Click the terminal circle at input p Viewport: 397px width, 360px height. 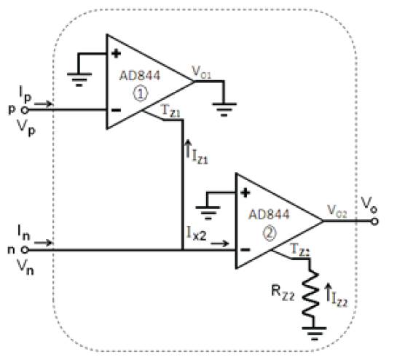click(x=25, y=110)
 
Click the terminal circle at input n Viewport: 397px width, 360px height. click(x=25, y=250)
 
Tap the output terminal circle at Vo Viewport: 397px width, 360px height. click(x=374, y=222)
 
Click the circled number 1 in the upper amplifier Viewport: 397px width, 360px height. click(x=141, y=94)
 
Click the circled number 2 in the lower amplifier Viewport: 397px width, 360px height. click(x=270, y=233)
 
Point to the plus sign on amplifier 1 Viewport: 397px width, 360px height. click(x=117, y=54)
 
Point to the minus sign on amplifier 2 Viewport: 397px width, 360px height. click(x=245, y=250)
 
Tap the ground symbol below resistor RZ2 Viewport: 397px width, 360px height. click(x=314, y=333)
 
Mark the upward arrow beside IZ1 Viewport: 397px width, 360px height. click(x=188, y=149)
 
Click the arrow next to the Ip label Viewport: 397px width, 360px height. click(x=43, y=103)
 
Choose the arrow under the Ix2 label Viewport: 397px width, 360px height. click(x=220, y=243)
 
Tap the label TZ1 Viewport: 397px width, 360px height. click(x=171, y=111)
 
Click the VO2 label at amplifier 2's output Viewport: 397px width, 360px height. click(x=337, y=211)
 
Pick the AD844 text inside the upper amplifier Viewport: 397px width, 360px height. click(x=140, y=76)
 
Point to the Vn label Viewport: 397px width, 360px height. click(x=25, y=267)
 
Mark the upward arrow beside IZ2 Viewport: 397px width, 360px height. click(x=328, y=293)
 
